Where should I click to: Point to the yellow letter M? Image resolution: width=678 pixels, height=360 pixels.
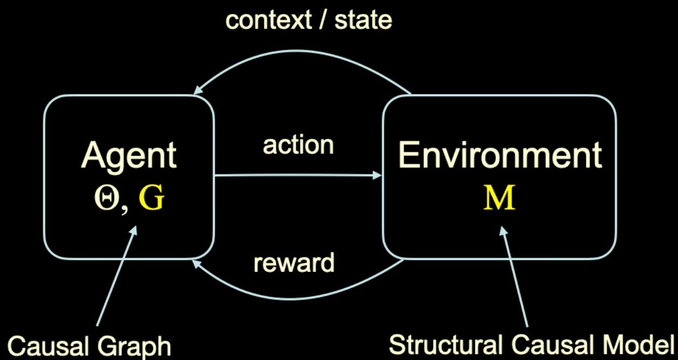499,198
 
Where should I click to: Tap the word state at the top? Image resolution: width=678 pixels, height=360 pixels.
363,21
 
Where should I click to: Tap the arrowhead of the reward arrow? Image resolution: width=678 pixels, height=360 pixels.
195,263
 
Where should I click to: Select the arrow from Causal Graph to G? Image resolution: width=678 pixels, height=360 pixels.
116,276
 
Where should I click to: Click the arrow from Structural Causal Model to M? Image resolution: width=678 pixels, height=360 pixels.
515,276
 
